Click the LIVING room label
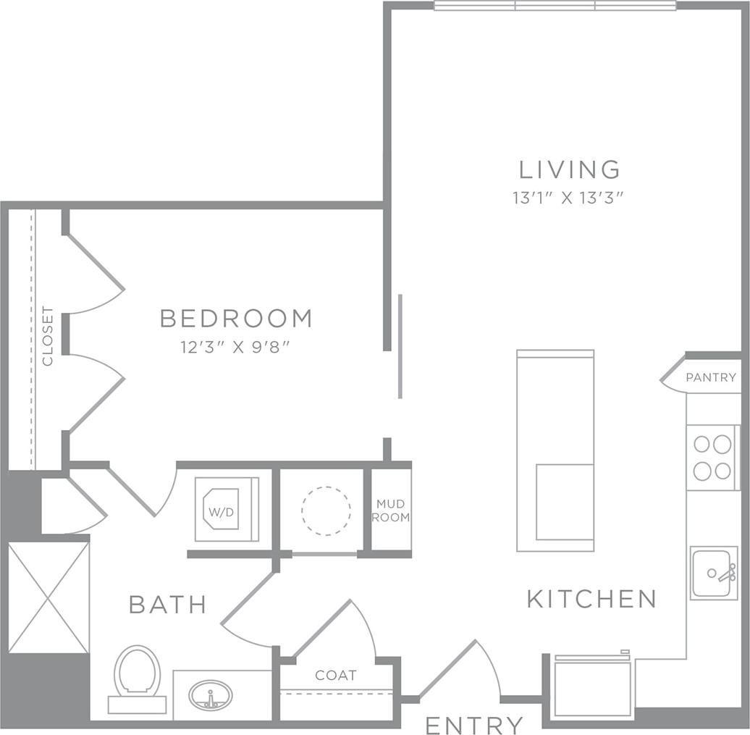(x=570, y=169)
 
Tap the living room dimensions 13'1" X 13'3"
(x=569, y=198)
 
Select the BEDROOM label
(x=236, y=318)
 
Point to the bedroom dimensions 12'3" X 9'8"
(x=235, y=348)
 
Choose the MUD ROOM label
(x=392, y=511)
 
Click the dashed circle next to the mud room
(x=326, y=511)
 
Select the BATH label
(x=168, y=604)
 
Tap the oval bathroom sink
(x=211, y=696)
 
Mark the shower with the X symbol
(x=49, y=597)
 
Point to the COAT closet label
(x=336, y=675)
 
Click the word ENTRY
(x=474, y=724)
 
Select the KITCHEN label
(x=591, y=599)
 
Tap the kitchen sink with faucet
(x=714, y=573)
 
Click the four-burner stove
(x=712, y=457)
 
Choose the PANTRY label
(x=711, y=377)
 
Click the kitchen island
(x=555, y=450)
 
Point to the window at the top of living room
(x=555, y=6)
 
